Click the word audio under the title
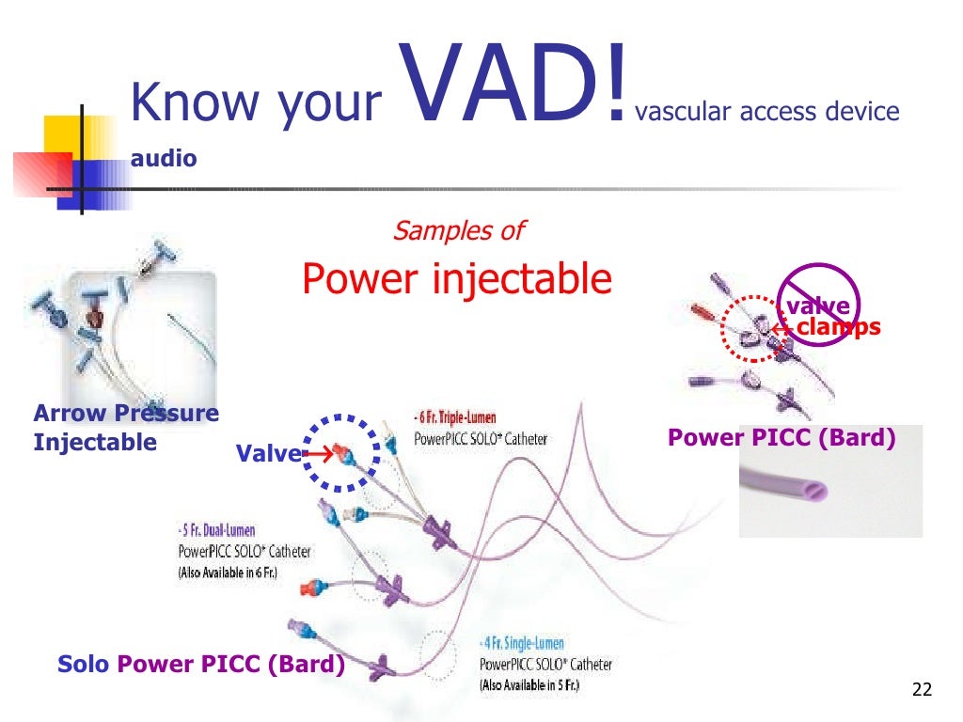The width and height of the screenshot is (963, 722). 164,159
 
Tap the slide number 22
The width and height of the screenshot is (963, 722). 922,691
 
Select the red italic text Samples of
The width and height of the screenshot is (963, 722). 457,230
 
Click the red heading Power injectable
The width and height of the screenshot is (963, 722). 457,278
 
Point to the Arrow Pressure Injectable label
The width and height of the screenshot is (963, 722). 125,427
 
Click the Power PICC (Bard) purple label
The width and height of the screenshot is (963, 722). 781,438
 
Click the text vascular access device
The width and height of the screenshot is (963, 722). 767,113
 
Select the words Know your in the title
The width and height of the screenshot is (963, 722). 255,103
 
